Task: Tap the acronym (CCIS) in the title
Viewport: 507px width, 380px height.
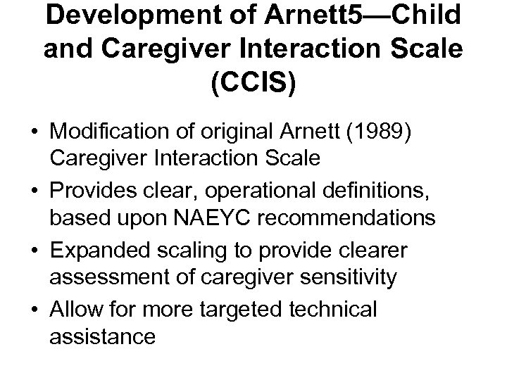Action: coord(254,81)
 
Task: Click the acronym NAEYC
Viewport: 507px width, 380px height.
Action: coord(230,219)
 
